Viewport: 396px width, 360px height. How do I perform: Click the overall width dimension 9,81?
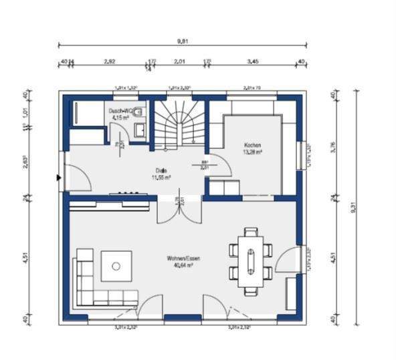(182, 41)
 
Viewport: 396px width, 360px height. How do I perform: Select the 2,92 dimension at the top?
(110, 61)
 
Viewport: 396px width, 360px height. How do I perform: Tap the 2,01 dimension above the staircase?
(179, 61)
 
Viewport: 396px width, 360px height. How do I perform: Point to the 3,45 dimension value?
(253, 61)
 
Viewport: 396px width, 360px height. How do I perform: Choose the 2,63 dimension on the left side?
(25, 163)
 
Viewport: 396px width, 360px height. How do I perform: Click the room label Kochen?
(252, 145)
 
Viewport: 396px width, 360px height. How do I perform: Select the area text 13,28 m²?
(252, 152)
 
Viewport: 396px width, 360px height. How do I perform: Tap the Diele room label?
(161, 171)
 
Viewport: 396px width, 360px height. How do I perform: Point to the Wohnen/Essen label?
(184, 258)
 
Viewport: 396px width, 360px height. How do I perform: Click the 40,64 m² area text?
(184, 265)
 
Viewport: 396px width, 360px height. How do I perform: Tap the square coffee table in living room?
(116, 265)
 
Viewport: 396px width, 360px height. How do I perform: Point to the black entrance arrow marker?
(60, 178)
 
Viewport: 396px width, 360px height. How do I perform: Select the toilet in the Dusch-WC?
(140, 112)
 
